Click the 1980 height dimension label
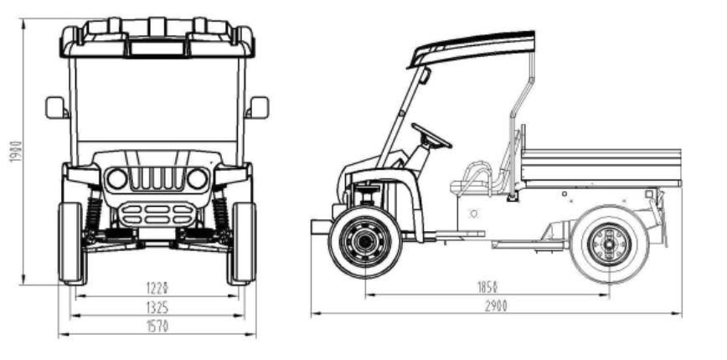coord(15,152)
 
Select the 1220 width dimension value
coord(157,288)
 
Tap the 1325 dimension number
coord(157,307)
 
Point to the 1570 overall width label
coord(157,327)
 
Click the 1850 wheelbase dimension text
coord(487,287)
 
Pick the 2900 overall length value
coord(496,306)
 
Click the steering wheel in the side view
coord(431,136)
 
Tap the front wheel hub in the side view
coord(365,241)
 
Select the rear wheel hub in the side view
coord(609,244)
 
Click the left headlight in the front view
coord(116,179)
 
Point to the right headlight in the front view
coord(197,179)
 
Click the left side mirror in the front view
coord(56,107)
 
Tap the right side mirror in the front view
coord(258,107)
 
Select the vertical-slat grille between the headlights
coord(157,178)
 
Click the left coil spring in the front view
coord(93,214)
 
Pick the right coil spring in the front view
coord(221,214)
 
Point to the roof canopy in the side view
coord(471,49)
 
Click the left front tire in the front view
coord(71,243)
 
